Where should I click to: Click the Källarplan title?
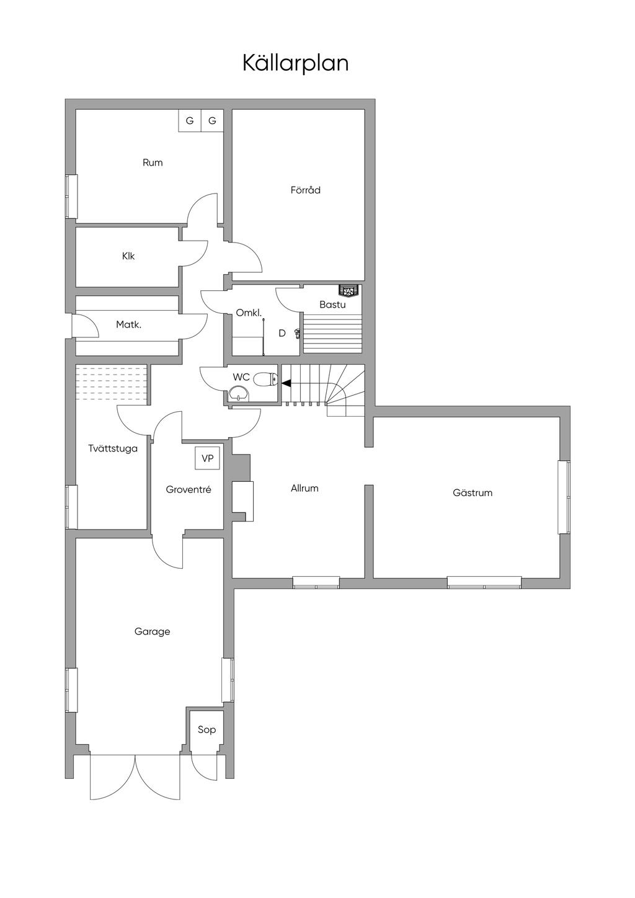click(295, 63)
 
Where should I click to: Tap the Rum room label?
click(153, 163)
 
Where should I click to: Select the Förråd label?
click(306, 190)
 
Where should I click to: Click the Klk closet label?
click(128, 256)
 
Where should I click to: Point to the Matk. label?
click(129, 324)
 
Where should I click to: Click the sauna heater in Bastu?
click(349, 290)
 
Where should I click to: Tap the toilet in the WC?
click(265, 379)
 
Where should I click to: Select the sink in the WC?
click(238, 393)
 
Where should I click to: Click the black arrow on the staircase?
click(286, 383)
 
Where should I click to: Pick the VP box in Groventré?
click(207, 459)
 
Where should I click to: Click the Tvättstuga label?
click(113, 448)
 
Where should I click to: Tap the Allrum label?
click(304, 489)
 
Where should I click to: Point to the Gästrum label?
click(473, 493)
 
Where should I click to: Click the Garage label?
click(152, 632)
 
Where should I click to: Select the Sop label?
click(206, 729)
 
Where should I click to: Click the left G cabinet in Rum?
click(190, 121)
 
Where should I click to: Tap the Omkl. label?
click(249, 313)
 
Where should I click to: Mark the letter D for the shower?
click(282, 333)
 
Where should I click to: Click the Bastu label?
click(332, 305)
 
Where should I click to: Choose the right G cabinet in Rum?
click(212, 121)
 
